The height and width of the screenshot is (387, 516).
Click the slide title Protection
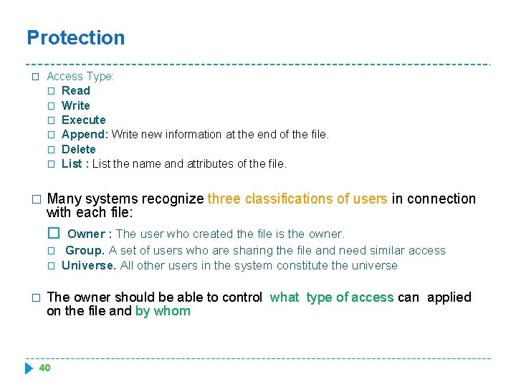[75, 38]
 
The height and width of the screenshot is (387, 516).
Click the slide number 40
[44, 368]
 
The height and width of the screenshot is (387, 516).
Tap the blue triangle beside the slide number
[29, 368]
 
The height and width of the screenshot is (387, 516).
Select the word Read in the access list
[76, 90]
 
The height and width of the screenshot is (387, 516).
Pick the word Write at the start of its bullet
[76, 105]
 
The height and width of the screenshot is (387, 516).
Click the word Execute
[83, 120]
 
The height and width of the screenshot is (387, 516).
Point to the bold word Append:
[85, 134]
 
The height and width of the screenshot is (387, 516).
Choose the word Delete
[78, 149]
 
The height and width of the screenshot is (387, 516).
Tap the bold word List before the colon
[72, 163]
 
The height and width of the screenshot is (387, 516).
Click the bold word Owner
[86, 234]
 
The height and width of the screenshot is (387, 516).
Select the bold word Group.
[85, 250]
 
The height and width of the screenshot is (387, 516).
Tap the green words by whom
[163, 311]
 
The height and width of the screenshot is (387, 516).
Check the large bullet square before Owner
[53, 234]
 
